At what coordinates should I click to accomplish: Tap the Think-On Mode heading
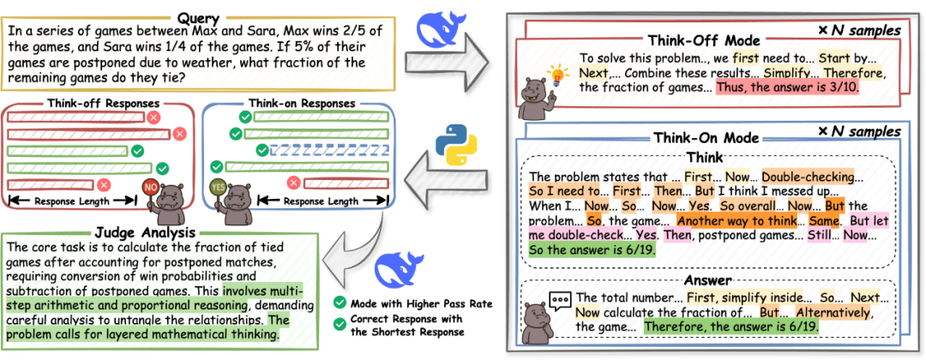click(x=706, y=138)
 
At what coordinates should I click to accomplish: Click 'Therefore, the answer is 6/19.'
click(x=731, y=327)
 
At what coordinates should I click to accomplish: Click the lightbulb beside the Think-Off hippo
click(x=558, y=75)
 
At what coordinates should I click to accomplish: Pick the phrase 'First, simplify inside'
click(x=737, y=297)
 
